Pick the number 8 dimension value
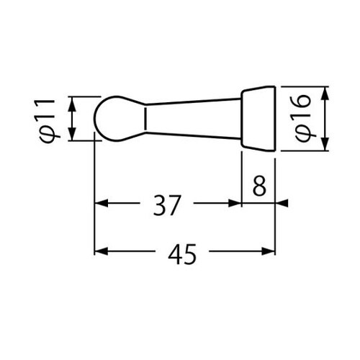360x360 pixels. coord(259,185)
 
